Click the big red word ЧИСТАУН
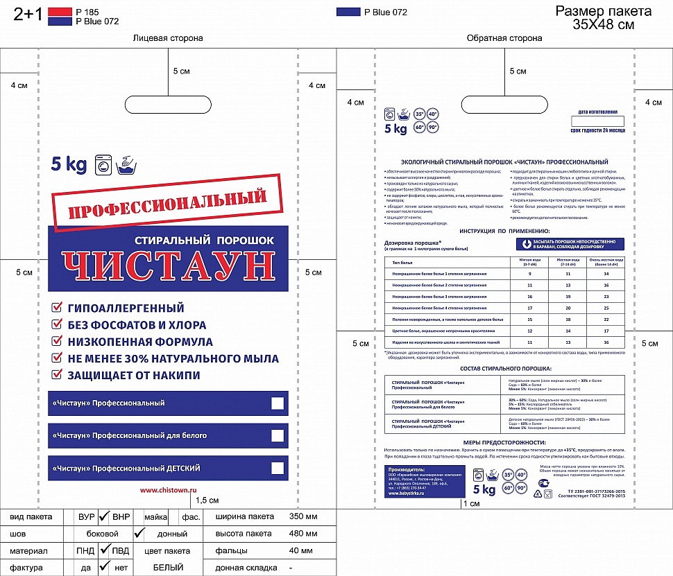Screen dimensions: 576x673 pos(167,266)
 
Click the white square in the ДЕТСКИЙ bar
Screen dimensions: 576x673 pos(278,468)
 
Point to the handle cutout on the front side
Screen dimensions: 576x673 pos(168,105)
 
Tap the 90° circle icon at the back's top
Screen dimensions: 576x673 pos(432,127)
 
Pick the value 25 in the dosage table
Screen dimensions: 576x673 pos(606,308)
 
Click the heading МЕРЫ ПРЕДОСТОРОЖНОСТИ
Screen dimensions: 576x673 pos(504,442)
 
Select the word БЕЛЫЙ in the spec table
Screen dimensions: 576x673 pos(168,567)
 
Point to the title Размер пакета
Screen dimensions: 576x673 pos(604,12)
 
